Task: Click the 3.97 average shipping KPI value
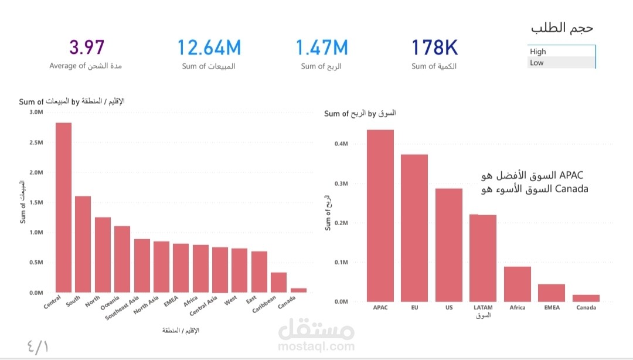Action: pos(87,47)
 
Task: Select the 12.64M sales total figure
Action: pos(209,47)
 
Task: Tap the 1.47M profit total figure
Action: pos(321,47)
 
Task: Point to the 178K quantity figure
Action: pos(434,47)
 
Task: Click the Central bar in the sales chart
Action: pos(63,208)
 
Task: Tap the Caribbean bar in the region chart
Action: pos(278,282)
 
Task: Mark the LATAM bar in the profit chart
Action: pos(483,258)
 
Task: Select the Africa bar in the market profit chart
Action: pos(518,284)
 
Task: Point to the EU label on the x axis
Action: pos(414,307)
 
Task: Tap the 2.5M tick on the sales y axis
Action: pos(36,142)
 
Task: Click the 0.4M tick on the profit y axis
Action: pos(342,144)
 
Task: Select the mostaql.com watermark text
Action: pos(316,347)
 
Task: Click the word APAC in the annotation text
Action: pos(572,175)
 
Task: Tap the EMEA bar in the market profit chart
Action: pos(552,293)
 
